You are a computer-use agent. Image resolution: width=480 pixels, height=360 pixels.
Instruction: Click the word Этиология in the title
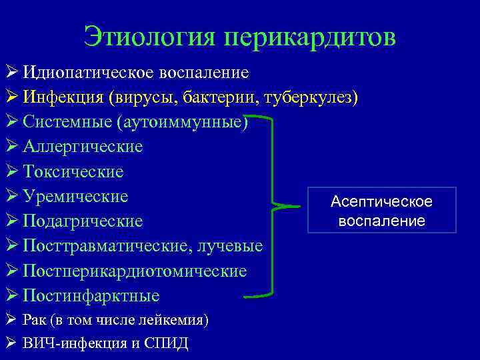pos(150,37)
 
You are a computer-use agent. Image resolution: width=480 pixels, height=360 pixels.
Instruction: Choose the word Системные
pos(67,122)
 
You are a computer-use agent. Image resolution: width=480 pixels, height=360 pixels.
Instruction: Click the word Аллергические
pos(83,147)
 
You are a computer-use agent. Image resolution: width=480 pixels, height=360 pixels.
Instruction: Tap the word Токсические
pos(73,171)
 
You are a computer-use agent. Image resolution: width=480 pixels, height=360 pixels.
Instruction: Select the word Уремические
pos(75,196)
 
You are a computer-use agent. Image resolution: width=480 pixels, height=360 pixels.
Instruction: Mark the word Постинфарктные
pos(91,295)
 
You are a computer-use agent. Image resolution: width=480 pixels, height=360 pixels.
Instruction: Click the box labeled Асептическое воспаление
pos(381,211)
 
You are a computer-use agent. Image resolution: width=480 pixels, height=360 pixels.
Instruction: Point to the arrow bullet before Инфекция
pos(12,97)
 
